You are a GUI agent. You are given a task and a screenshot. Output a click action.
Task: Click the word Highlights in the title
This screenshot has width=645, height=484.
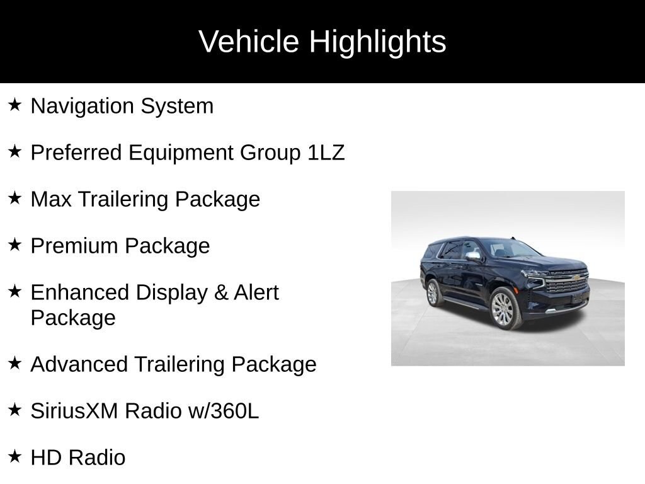378,42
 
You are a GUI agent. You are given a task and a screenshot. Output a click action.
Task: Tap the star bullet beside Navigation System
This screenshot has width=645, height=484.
14,105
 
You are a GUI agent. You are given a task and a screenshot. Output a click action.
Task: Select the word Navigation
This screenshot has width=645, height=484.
82,107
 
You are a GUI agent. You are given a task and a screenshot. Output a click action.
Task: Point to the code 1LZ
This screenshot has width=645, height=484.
326,153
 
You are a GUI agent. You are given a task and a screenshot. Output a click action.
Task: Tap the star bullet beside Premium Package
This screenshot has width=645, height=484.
14,245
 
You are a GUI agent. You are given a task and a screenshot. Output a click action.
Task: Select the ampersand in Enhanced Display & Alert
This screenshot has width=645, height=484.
221,292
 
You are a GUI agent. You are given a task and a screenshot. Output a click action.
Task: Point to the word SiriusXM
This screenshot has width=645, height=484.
74,411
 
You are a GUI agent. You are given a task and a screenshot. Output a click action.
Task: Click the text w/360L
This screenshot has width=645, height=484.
224,411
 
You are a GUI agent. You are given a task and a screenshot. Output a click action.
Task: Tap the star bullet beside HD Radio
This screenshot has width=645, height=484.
14,456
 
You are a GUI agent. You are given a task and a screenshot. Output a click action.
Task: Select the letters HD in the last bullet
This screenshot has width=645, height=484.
44,458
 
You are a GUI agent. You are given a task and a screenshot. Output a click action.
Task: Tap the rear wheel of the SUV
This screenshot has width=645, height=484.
433,292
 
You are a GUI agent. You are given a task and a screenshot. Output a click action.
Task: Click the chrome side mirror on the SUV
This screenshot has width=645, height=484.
473,256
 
